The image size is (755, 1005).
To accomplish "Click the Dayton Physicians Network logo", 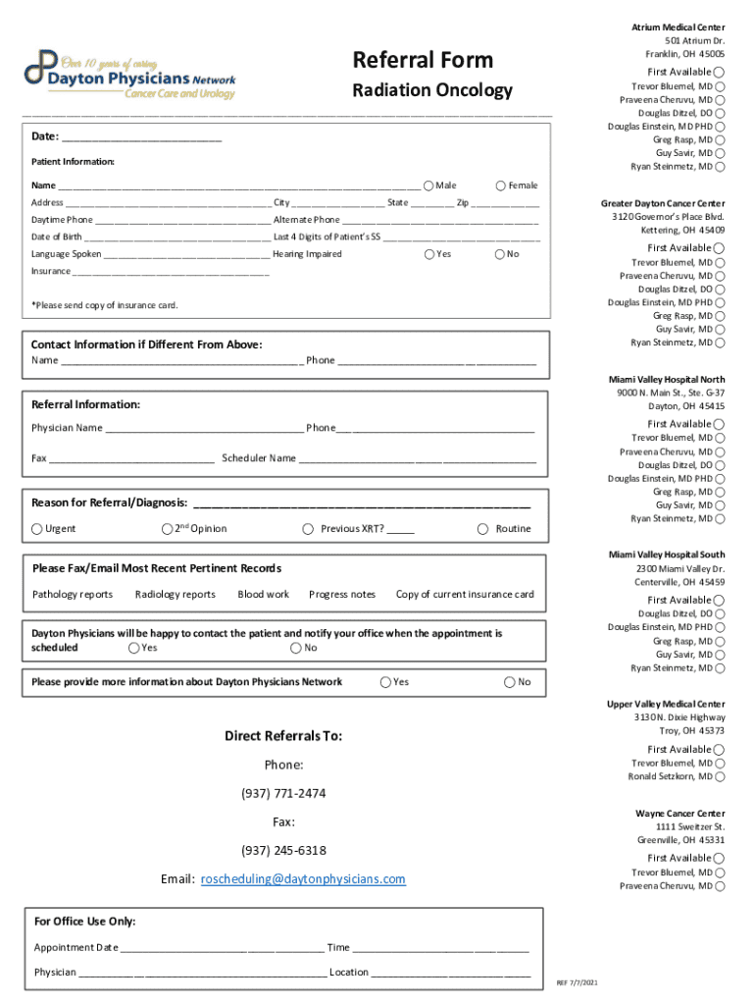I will point(130,74).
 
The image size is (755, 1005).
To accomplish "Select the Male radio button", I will point(428,185).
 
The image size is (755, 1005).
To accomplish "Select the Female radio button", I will point(501,185).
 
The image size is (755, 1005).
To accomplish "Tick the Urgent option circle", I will point(37,529).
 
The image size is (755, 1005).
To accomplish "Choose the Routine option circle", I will point(482,529).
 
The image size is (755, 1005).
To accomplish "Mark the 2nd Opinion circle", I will point(167,529).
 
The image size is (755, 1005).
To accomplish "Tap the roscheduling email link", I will point(303,879).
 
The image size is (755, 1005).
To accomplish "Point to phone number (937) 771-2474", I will point(283,793).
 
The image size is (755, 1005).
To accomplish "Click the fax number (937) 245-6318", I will point(283,850).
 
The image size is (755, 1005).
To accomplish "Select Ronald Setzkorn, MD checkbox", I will point(721,777).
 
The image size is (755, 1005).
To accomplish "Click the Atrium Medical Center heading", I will point(678,26).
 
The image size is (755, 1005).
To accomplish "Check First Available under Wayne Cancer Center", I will point(721,858).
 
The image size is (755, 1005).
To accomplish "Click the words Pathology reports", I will point(73,594).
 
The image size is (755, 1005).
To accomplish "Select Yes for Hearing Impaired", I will point(428,254).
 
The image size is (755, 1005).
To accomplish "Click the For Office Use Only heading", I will point(84,922).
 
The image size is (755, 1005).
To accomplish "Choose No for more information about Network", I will point(510,682).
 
